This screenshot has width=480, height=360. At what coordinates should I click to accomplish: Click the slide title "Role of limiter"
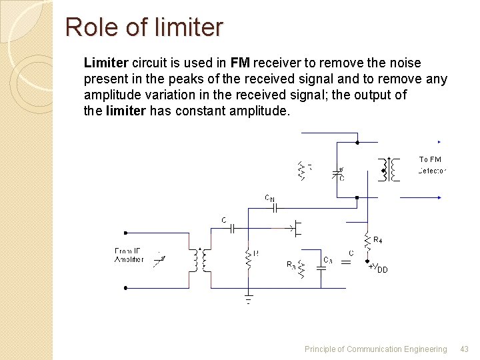coord(144,27)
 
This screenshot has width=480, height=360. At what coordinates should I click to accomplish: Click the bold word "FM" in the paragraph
coord(240,63)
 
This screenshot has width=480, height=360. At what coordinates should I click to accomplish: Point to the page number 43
coord(465,349)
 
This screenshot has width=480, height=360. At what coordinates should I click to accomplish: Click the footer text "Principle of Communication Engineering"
coord(375,349)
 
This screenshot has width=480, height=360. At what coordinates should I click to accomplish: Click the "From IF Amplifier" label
coord(129,255)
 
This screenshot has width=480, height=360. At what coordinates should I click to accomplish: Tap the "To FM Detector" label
coord(431,165)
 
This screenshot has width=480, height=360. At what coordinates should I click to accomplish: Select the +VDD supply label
coord(377,268)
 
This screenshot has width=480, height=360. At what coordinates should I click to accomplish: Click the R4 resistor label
coord(377,239)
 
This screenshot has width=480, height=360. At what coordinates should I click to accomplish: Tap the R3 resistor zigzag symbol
coord(301,268)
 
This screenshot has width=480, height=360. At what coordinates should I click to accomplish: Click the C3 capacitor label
coord(327,259)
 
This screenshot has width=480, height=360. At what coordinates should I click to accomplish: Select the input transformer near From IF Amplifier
coord(198,260)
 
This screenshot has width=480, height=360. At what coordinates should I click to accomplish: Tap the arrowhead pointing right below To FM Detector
coord(439,197)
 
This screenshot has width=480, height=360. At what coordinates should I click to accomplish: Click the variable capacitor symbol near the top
coord(339,173)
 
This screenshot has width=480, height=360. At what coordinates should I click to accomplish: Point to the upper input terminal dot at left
coord(126,233)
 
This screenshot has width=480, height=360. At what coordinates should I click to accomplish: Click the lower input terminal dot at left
coord(126,288)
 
